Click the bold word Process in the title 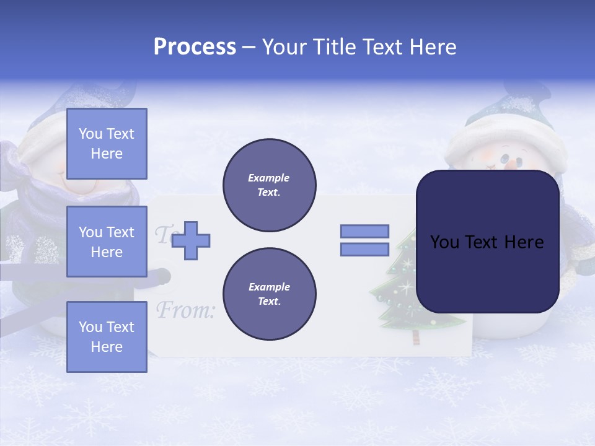tap(195, 47)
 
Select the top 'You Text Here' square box tap(107, 144)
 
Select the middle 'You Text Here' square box tap(107, 242)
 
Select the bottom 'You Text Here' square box tap(107, 337)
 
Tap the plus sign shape tap(191, 240)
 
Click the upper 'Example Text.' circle tap(269, 185)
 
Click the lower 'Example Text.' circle tap(269, 294)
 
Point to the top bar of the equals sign tap(364, 231)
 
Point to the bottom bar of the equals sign tap(364, 250)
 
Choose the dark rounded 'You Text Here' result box tap(487, 242)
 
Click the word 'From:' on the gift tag tap(185, 310)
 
